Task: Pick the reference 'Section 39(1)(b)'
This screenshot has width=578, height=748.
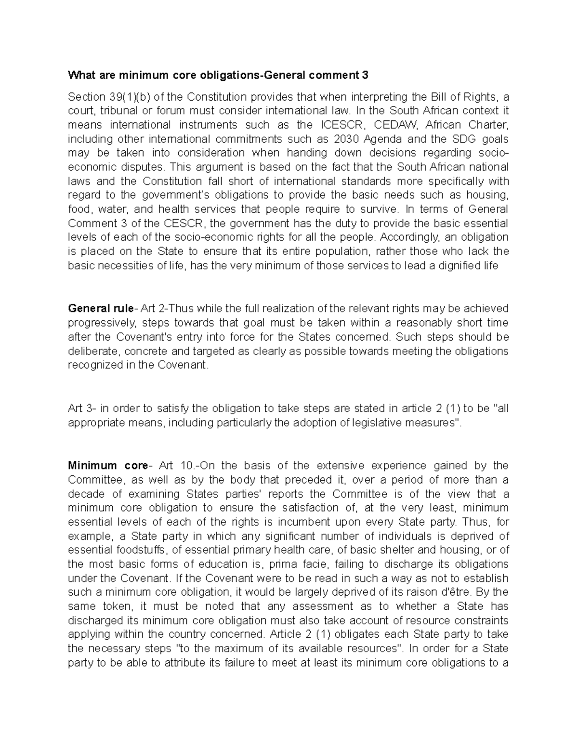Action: tap(106, 96)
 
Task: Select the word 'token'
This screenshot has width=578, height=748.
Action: tap(118, 606)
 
